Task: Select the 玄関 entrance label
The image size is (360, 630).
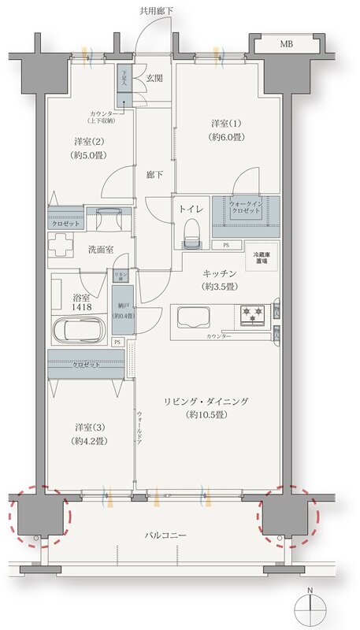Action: click(x=154, y=78)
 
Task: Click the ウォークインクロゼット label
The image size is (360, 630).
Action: click(x=251, y=207)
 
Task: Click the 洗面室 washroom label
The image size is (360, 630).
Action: click(x=100, y=249)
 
